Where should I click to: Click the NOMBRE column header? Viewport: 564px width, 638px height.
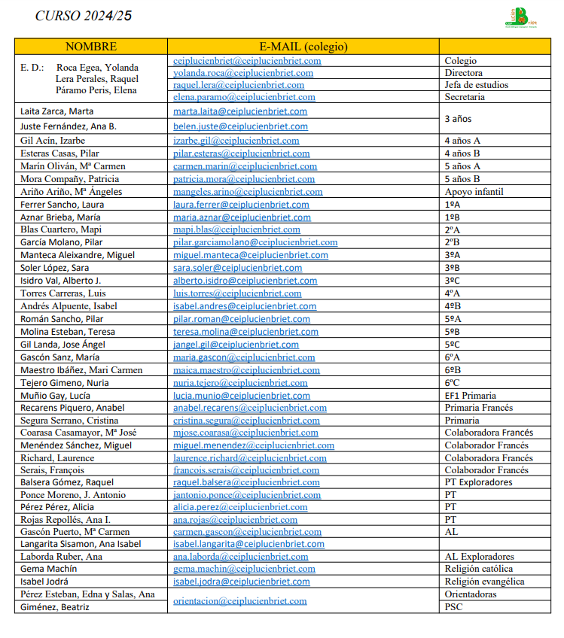[x=90, y=47]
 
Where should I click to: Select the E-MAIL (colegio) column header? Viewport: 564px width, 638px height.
[x=303, y=47]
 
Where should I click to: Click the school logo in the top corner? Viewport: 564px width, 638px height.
[x=520, y=17]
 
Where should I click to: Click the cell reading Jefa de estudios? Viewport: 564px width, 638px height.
[x=476, y=85]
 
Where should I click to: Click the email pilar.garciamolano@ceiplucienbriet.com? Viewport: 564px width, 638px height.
[x=255, y=242]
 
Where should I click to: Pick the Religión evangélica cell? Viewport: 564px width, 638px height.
[x=484, y=582]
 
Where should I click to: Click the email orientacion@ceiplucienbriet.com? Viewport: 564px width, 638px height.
[x=240, y=600]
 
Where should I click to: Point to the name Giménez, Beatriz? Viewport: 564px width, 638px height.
[x=53, y=607]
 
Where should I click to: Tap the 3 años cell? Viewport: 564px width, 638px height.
[x=459, y=119]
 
